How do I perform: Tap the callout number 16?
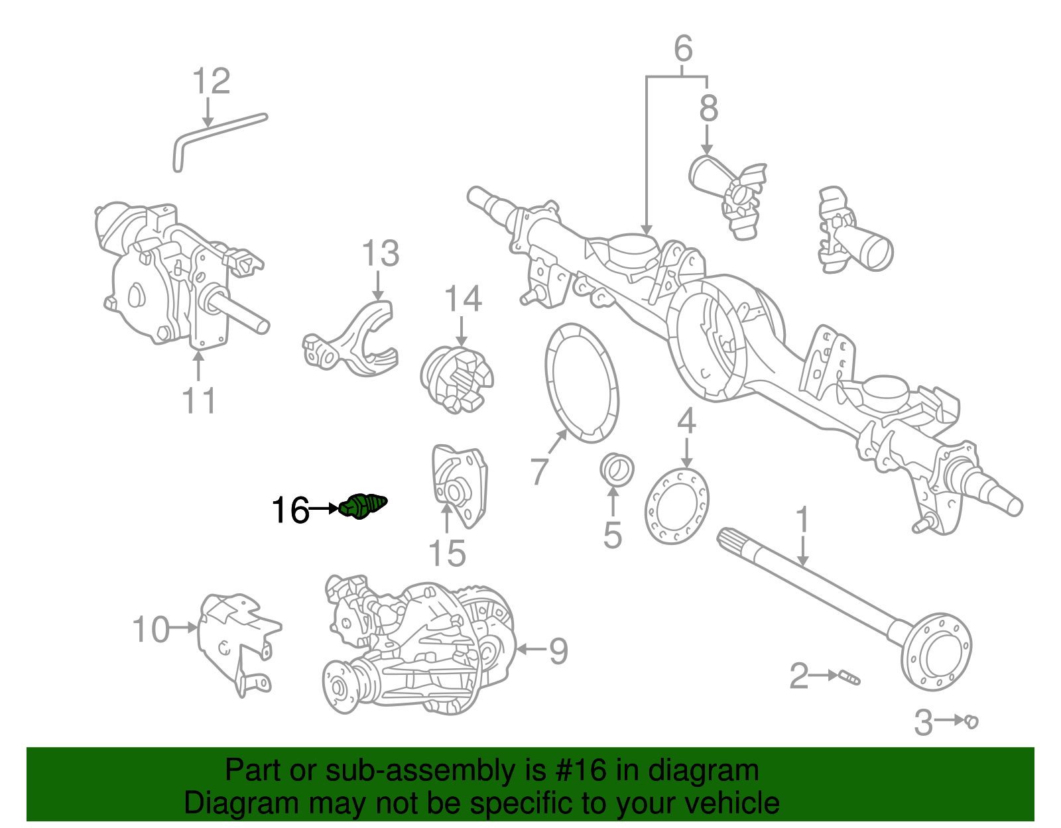pyautogui.click(x=290, y=510)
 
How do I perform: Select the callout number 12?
pyautogui.click(x=211, y=82)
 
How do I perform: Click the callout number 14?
pyautogui.click(x=463, y=299)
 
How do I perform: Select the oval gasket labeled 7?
pyautogui.click(x=582, y=383)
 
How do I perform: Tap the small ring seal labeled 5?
pyautogui.click(x=616, y=470)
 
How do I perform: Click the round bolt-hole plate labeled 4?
pyautogui.click(x=676, y=506)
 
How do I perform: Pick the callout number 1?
pyautogui.click(x=802, y=521)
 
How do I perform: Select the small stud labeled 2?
pyautogui.click(x=849, y=678)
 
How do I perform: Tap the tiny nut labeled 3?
pyautogui.click(x=971, y=721)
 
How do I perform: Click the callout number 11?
pyautogui.click(x=198, y=401)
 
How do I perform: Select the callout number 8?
pyautogui.click(x=708, y=108)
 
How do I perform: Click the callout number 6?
pyautogui.click(x=683, y=49)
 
